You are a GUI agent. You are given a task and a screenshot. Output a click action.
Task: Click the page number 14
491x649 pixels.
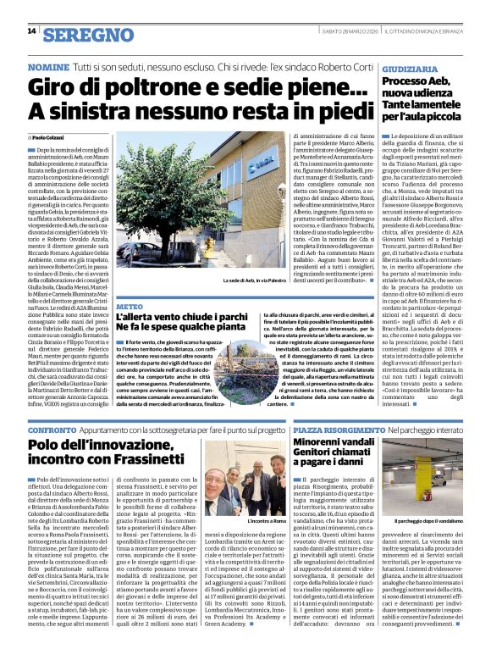[x=31, y=31]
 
